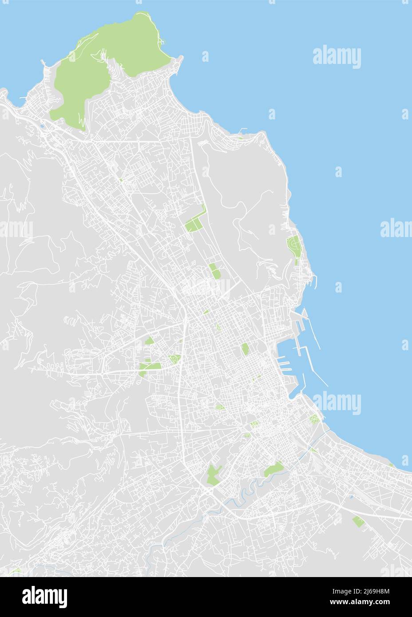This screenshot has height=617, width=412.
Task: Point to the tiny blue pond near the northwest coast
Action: pos(41,126)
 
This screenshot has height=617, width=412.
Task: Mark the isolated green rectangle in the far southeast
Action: pos(358,521)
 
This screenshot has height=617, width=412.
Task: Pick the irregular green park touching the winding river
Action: pos(273,469)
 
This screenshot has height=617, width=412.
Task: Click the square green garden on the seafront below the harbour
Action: pos(314,419)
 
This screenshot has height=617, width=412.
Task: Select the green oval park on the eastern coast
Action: pos(293,244)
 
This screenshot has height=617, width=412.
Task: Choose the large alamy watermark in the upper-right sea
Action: pos(337,58)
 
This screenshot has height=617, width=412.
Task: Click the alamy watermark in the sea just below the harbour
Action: pos(337,403)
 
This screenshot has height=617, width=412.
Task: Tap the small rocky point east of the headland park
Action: pos(179,59)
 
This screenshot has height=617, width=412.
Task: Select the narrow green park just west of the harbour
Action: pos(245,349)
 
